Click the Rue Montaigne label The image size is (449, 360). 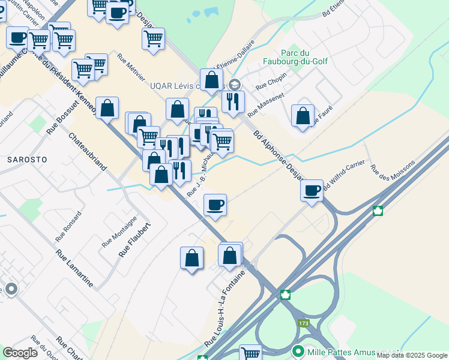tap(119, 232)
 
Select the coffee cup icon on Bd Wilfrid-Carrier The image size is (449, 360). tap(312, 191)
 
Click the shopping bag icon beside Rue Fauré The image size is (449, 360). tap(303, 115)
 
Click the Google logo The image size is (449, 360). tap(20, 353)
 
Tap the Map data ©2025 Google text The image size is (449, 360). tap(412, 355)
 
